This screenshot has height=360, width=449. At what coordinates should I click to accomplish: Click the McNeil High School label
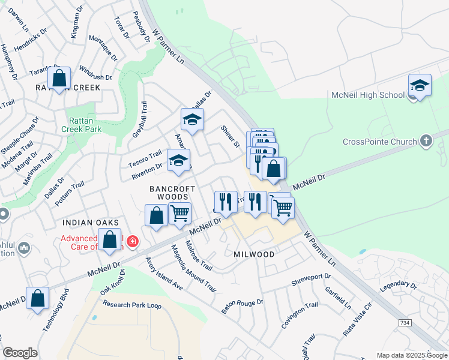click(368, 95)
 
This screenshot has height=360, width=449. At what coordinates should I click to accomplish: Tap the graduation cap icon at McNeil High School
click(420, 85)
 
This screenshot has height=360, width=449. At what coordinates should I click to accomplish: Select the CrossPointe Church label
click(379, 142)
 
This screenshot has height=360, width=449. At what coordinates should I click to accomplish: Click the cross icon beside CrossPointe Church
click(426, 141)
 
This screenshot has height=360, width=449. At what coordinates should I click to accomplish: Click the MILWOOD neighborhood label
click(254, 254)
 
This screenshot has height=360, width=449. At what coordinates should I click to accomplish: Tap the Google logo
click(20, 353)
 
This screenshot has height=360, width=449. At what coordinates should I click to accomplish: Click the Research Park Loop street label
click(132, 305)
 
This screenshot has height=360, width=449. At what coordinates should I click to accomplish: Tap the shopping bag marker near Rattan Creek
click(59, 78)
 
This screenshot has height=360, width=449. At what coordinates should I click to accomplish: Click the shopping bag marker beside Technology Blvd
click(37, 299)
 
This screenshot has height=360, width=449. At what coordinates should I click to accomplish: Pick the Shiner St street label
click(230, 136)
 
